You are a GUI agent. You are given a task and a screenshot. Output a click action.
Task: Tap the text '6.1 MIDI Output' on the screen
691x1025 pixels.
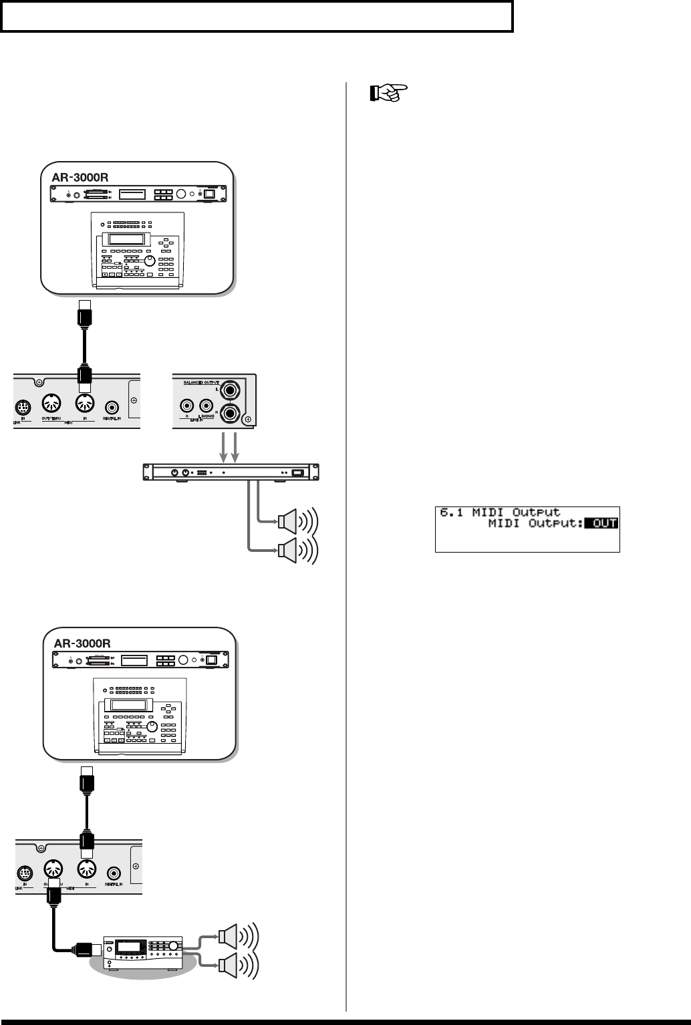click(500, 512)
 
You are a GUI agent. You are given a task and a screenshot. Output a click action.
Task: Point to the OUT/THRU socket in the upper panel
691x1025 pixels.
click(51, 405)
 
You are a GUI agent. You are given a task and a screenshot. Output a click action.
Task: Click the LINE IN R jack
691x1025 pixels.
click(187, 404)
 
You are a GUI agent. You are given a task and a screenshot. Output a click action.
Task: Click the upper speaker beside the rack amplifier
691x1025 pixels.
click(289, 519)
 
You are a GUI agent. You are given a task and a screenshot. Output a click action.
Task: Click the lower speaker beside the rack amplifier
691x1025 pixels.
click(289, 549)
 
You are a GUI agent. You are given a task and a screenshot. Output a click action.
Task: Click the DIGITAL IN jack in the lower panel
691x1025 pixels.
click(114, 873)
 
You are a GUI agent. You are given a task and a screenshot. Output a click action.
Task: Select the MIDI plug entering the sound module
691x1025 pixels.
click(88, 948)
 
